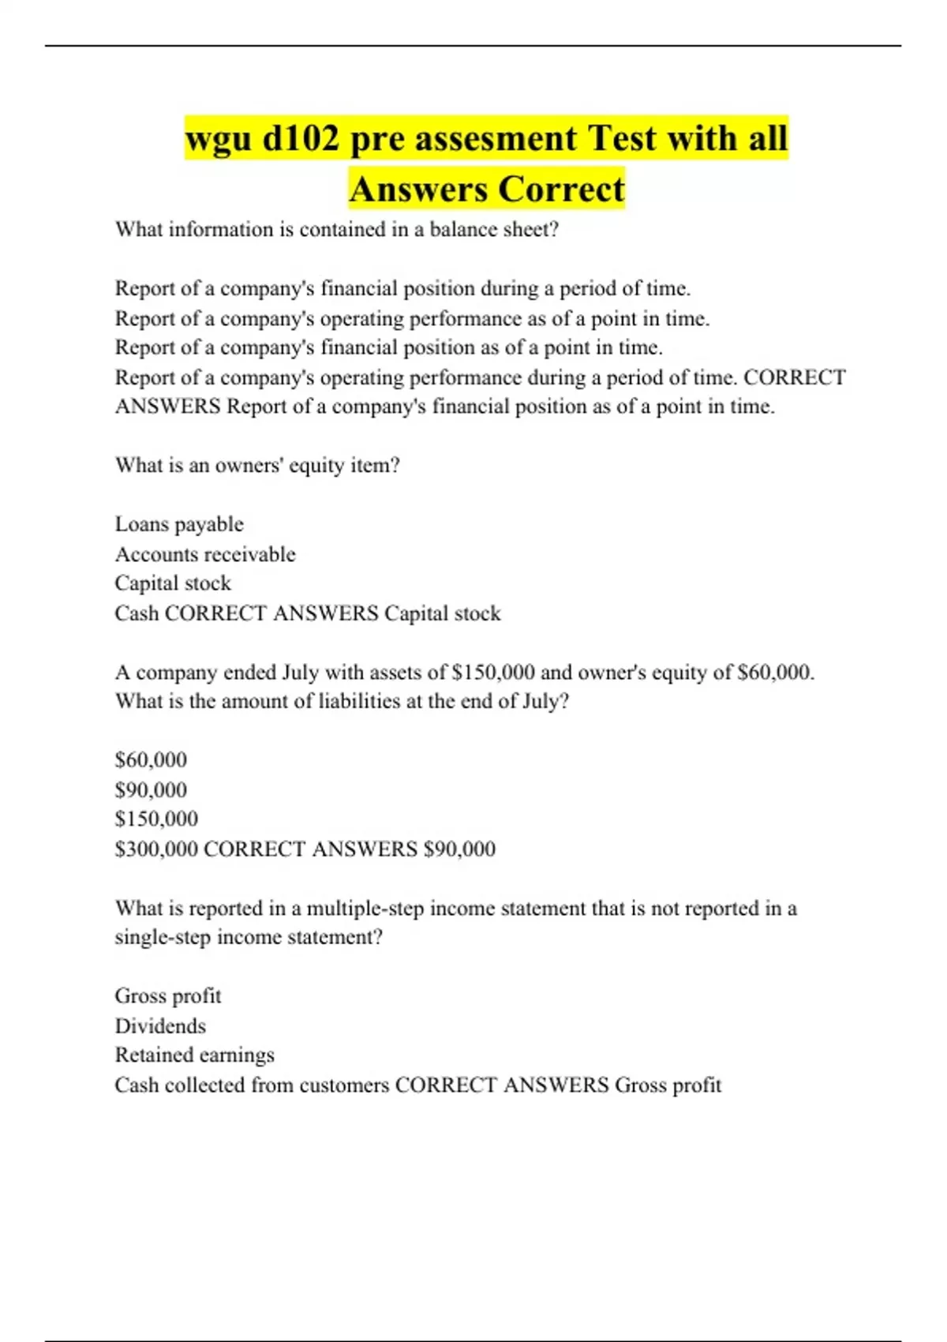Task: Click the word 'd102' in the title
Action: pos(300,139)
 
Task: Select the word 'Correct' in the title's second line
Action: pos(561,189)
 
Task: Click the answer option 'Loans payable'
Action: pos(179,524)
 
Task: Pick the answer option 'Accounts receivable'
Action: pos(205,554)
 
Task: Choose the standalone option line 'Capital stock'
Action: pos(173,583)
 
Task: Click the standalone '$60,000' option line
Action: pos(151,759)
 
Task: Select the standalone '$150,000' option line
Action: pos(156,819)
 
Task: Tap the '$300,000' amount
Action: pos(156,849)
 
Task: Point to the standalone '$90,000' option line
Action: pos(151,789)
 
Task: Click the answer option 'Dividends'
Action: pos(160,1025)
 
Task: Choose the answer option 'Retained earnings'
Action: pos(194,1055)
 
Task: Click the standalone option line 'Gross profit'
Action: pos(168,995)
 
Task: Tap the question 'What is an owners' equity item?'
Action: pos(257,466)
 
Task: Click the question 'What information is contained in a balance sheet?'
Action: pos(337,230)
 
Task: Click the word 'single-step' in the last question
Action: pos(163,937)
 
